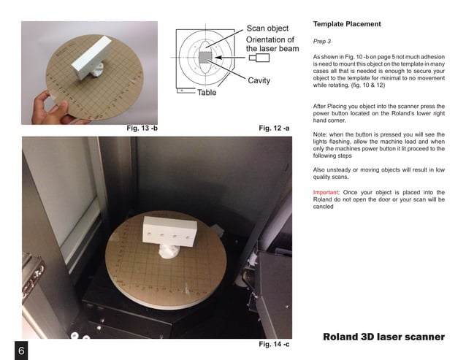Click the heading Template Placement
tap(347, 24)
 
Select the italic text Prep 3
tap(322, 42)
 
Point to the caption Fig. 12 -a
tap(274, 129)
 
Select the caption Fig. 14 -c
tap(274, 343)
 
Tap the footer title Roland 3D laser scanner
tap(383, 337)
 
